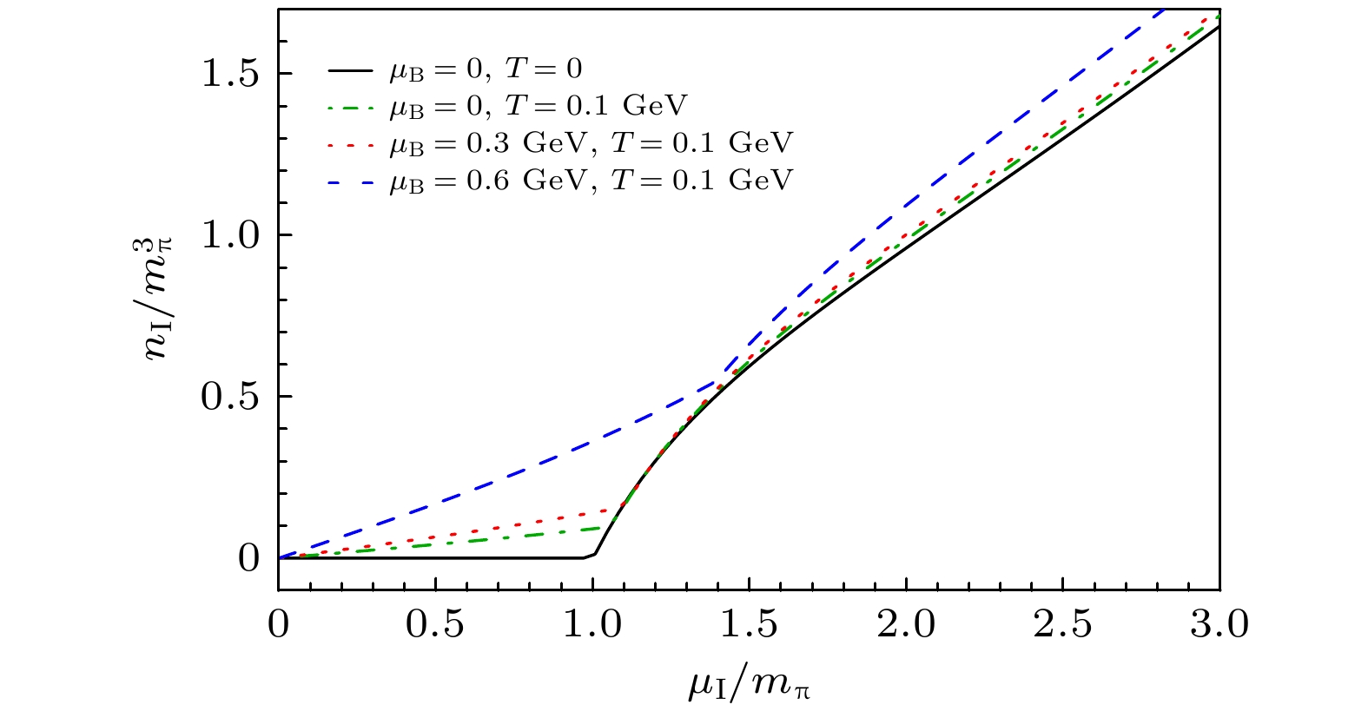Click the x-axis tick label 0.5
pyautogui.click(x=436, y=625)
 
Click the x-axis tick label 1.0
pyautogui.click(x=593, y=625)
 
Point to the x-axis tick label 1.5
pyautogui.click(x=750, y=625)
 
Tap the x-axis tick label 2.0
pyautogui.click(x=907, y=625)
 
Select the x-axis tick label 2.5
pyautogui.click(x=1064, y=625)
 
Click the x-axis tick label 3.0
pyautogui.click(x=1220, y=625)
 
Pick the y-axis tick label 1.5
pyautogui.click(x=230, y=75)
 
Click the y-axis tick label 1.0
pyautogui.click(x=230, y=235)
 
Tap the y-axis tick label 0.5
pyautogui.click(x=230, y=397)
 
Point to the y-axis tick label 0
pyautogui.click(x=248, y=558)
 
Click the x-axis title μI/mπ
pyautogui.click(x=750, y=683)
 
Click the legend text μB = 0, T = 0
pyautogui.click(x=485, y=69)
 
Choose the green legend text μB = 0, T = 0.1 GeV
pyautogui.click(x=538, y=106)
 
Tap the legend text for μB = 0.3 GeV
pyautogui.click(x=591, y=142)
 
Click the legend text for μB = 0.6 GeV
pyautogui.click(x=591, y=180)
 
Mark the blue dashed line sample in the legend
pyautogui.click(x=353, y=182)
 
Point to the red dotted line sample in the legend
pyautogui.click(x=353, y=145)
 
